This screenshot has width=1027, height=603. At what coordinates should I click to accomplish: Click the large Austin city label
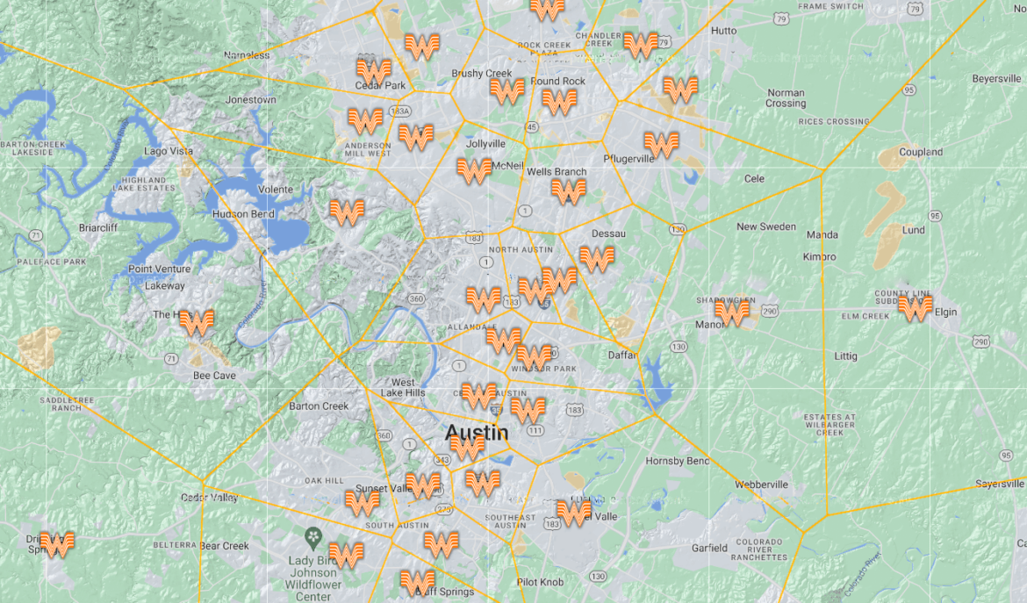(x=476, y=432)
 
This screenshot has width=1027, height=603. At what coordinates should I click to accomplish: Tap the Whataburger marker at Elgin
(x=915, y=308)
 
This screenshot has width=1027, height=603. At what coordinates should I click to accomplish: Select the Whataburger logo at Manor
(x=732, y=312)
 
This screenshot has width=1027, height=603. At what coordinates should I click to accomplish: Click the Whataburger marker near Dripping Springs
(x=57, y=544)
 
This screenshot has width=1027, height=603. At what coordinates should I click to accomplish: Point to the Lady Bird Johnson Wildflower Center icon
(x=312, y=535)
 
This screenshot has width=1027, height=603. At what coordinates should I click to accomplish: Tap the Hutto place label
(x=724, y=30)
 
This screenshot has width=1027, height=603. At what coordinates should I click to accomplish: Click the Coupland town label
(x=921, y=152)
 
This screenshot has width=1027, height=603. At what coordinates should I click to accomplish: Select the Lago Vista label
(x=169, y=152)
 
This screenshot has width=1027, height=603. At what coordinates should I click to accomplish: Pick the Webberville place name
(x=761, y=485)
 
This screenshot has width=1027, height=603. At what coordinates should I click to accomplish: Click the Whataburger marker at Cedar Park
(x=374, y=70)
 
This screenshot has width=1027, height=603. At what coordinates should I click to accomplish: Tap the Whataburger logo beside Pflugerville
(x=661, y=144)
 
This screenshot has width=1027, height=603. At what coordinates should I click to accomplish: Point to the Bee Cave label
(x=214, y=376)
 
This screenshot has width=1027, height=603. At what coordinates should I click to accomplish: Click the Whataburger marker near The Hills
(x=197, y=322)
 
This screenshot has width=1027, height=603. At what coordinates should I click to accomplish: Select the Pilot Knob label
(x=541, y=582)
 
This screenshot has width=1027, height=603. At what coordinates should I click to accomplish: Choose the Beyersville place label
(x=996, y=78)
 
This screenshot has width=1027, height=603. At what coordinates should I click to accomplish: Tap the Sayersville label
(x=1000, y=484)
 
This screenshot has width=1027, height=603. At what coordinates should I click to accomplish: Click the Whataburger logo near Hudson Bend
(x=347, y=212)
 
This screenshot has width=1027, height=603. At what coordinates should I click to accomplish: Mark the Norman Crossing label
(x=786, y=98)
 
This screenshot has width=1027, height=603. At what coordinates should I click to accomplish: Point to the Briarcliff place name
(x=97, y=226)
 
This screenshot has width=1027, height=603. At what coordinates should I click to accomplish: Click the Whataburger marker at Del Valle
(x=573, y=512)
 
